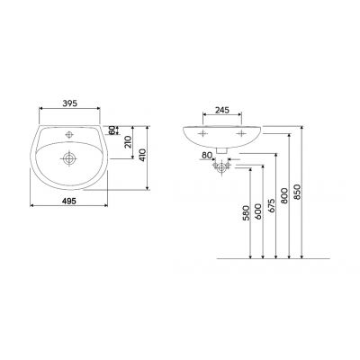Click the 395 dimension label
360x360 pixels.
click(x=70, y=103)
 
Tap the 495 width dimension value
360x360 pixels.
click(x=68, y=201)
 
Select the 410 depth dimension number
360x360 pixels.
click(x=143, y=155)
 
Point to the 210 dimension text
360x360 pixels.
click(x=128, y=142)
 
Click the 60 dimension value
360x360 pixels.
click(x=112, y=130)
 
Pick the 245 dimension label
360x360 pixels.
click(x=222, y=110)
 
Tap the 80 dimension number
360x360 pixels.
click(x=207, y=156)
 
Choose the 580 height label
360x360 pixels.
click(x=246, y=213)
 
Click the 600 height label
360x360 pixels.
click(x=258, y=211)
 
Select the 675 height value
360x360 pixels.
click(x=272, y=205)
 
